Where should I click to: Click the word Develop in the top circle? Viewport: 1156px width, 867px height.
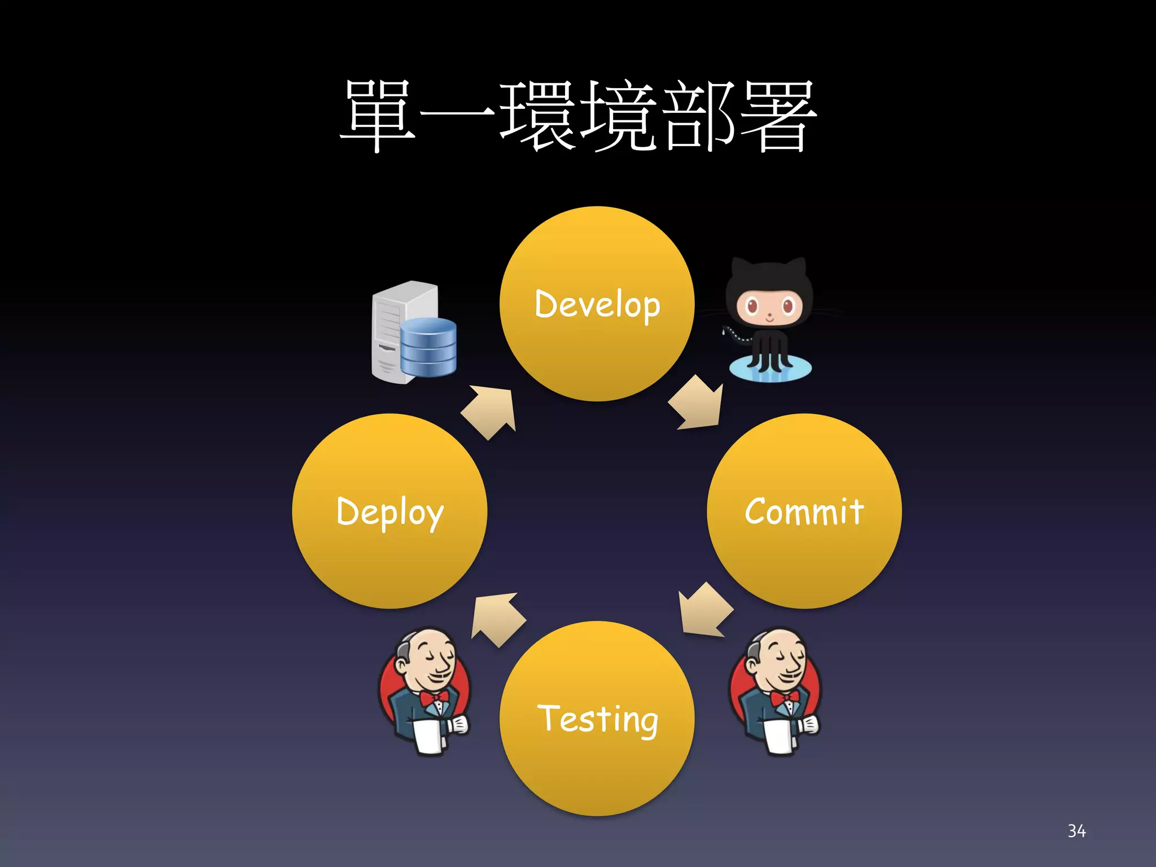(597, 305)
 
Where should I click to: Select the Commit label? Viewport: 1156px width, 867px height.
(804, 512)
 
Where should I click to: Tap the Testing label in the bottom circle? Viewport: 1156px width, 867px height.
(597, 719)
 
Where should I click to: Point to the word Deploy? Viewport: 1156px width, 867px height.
(389, 512)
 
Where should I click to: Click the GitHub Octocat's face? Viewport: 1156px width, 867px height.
(769, 308)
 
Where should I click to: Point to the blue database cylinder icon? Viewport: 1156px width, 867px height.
(428, 347)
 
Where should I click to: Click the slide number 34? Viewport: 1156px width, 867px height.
(1076, 831)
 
